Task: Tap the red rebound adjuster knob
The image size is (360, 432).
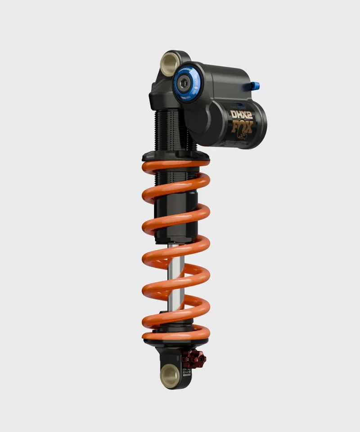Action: pyautogui.click(x=194, y=357)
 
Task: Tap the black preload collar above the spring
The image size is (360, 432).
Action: pyautogui.click(x=175, y=156)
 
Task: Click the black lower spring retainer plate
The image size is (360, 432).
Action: pyautogui.click(x=175, y=343)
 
